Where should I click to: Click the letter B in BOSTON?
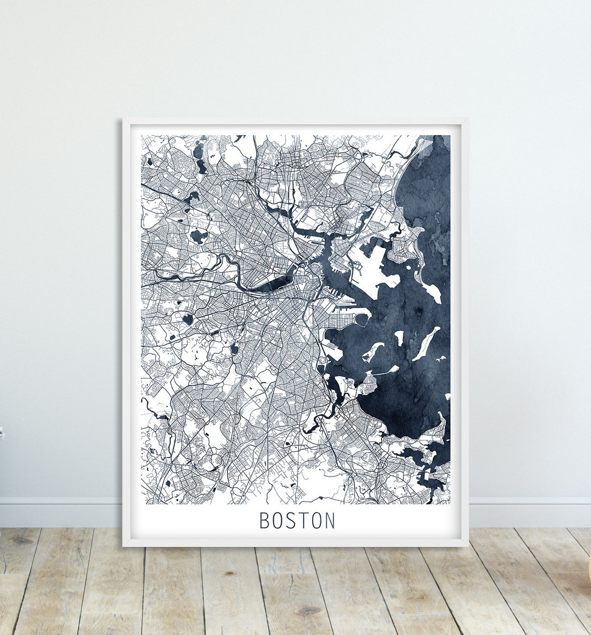(x=264, y=521)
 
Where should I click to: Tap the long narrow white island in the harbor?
(x=426, y=343)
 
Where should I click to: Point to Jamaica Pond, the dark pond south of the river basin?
(x=234, y=350)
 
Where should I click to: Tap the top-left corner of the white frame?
(x=124, y=120)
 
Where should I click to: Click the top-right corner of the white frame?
(x=467, y=120)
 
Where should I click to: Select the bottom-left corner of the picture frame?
(x=124, y=545)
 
